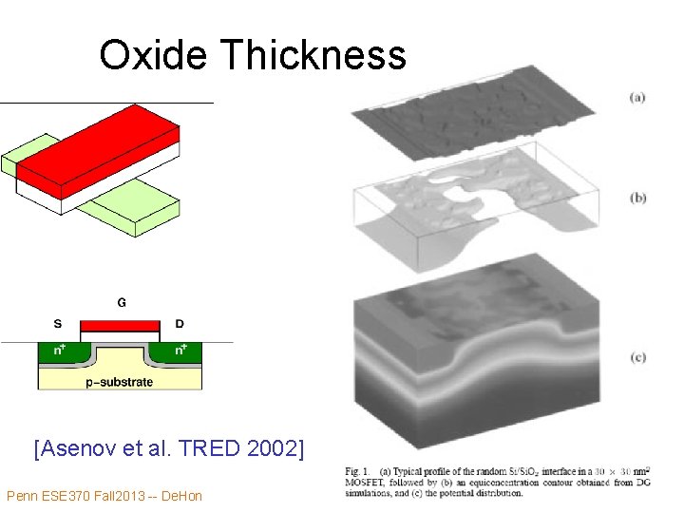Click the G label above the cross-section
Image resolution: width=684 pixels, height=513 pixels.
pyautogui.click(x=122, y=303)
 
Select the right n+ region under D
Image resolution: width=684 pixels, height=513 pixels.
pyautogui.click(x=182, y=351)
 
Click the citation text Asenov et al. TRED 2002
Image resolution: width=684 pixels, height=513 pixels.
pyautogui.click(x=169, y=447)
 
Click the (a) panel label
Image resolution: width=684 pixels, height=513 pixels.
pyautogui.click(x=636, y=97)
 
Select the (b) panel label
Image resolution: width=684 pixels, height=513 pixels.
pyautogui.click(x=637, y=198)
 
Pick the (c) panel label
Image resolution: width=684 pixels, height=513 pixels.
pyautogui.click(x=636, y=357)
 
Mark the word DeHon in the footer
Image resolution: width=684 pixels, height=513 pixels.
pyautogui.click(x=181, y=496)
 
